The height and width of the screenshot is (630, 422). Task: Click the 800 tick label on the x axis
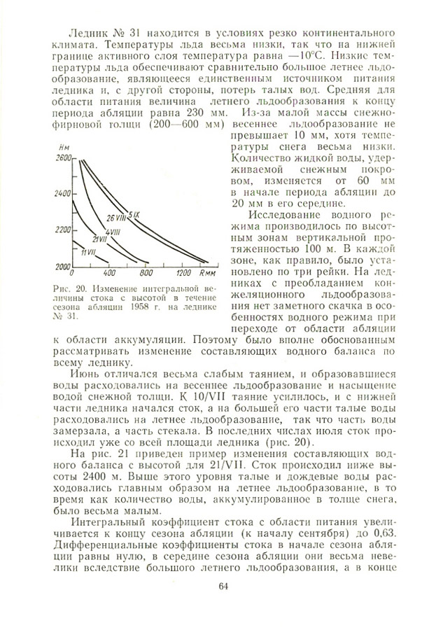pos(146,273)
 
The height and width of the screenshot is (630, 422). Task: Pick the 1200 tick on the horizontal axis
pos(184,273)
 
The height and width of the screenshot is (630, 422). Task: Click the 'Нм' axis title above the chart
pos(66,148)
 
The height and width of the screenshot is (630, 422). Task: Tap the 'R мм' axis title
pos(206,273)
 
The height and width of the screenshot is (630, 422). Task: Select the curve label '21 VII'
pos(98,239)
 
